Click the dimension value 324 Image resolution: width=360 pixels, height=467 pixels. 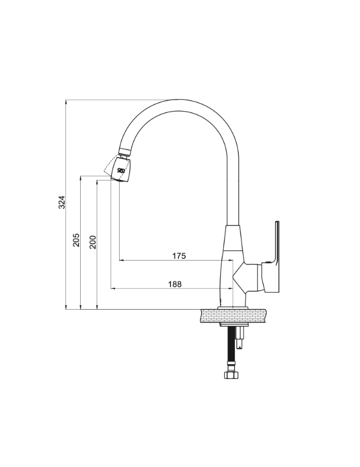pos(62,202)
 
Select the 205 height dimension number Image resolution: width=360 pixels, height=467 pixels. pos(76,240)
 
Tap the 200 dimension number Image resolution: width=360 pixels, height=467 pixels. pos(93,242)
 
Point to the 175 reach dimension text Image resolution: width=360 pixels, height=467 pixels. pos(179,256)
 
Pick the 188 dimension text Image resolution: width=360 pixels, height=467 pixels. pos(175,284)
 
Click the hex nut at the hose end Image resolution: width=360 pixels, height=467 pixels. pos(231,375)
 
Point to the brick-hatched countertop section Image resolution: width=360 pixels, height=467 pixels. pos(234,316)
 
